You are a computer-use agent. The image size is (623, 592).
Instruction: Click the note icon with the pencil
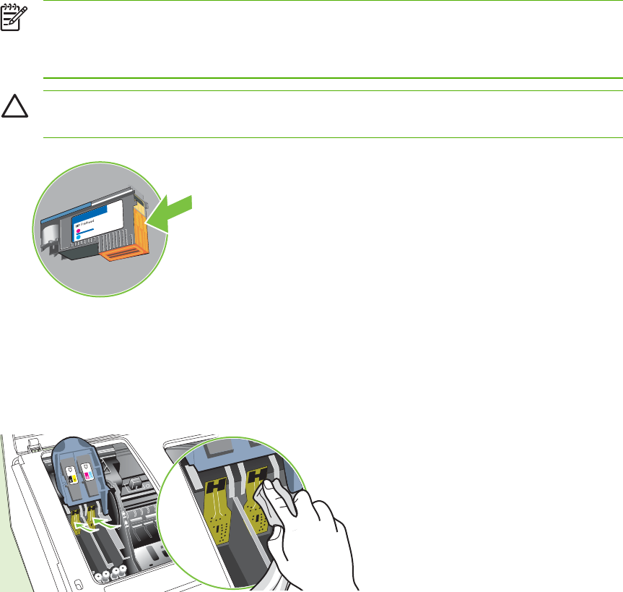point(10,18)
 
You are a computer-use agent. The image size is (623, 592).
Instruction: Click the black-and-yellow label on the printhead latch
point(71,475)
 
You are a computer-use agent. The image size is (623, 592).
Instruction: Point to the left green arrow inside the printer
point(85,528)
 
